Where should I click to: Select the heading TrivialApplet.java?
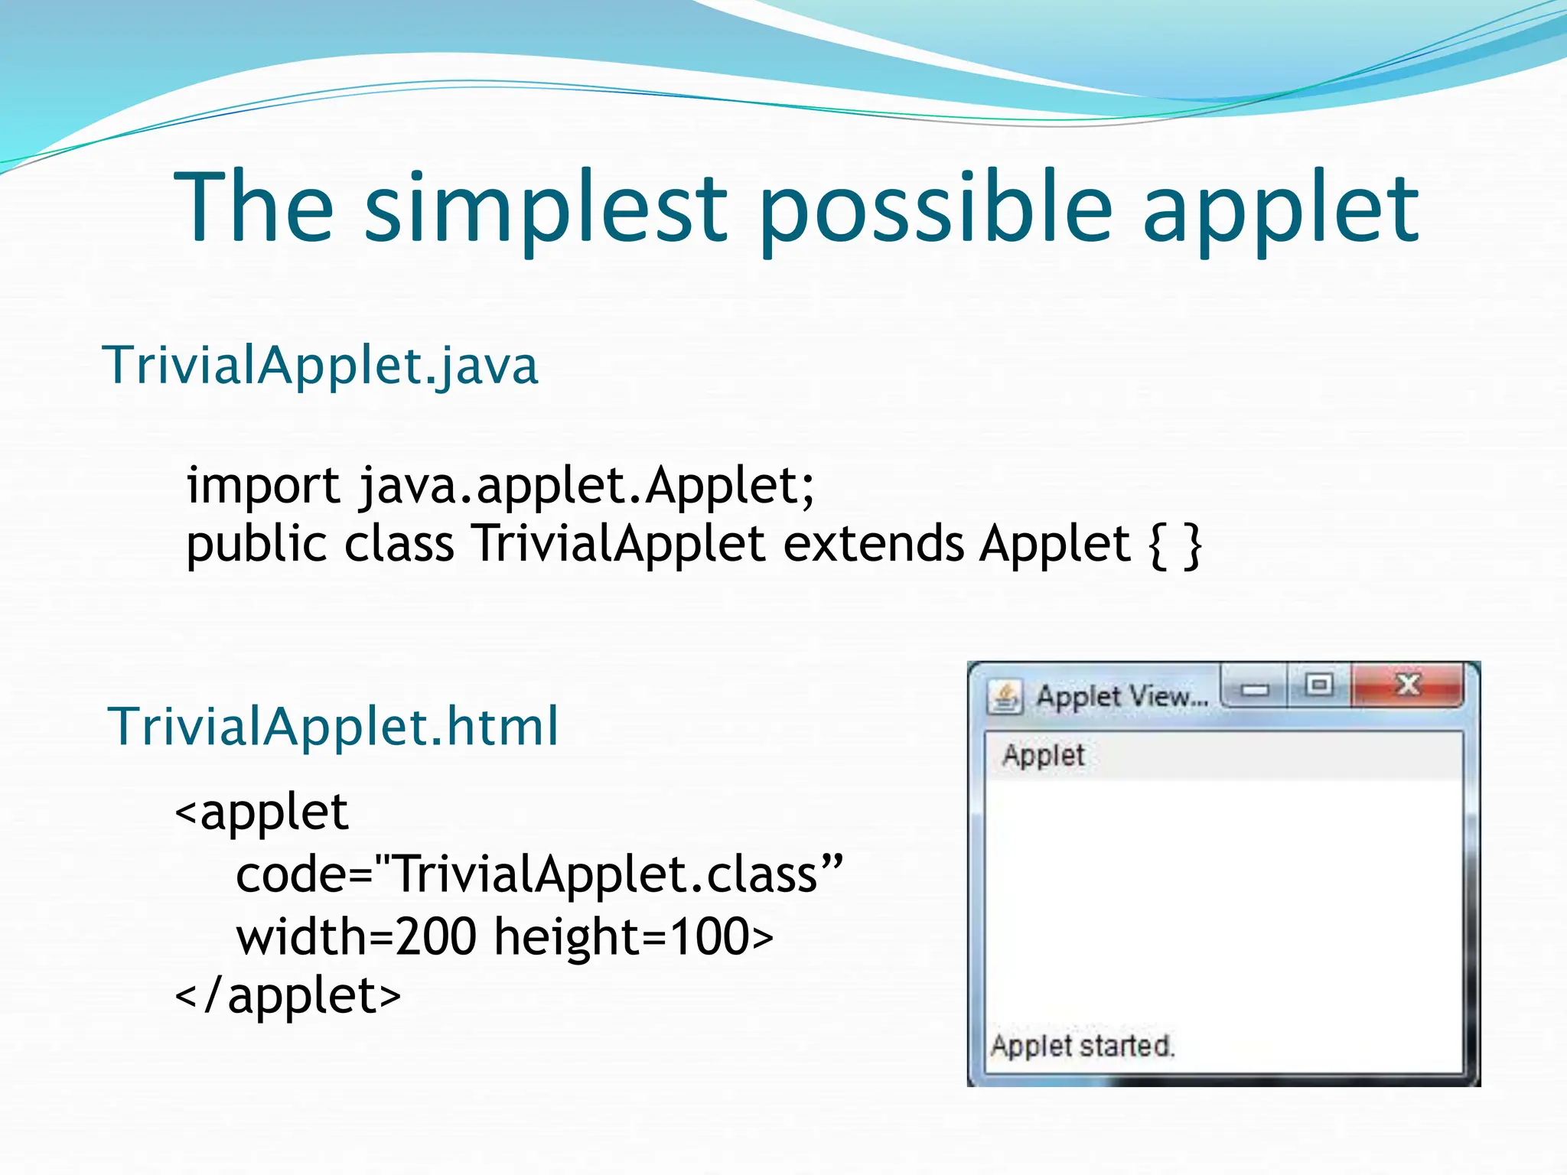[321, 366]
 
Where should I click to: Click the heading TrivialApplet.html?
[334, 726]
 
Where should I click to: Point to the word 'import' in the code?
[263, 487]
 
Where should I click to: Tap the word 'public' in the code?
[256, 545]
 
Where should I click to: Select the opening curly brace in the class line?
[1157, 545]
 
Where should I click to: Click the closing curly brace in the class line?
[1192, 545]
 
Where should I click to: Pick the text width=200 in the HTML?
[357, 936]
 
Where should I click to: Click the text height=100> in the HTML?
[634, 936]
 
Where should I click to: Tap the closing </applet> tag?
[288, 996]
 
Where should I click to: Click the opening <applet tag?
[262, 812]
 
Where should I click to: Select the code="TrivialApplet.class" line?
[539, 874]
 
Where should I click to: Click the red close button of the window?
[1407, 685]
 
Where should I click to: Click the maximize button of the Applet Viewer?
[1318, 685]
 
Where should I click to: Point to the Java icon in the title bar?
[1005, 697]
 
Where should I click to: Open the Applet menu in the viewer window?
[1043, 755]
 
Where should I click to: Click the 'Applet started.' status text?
[1082, 1046]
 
